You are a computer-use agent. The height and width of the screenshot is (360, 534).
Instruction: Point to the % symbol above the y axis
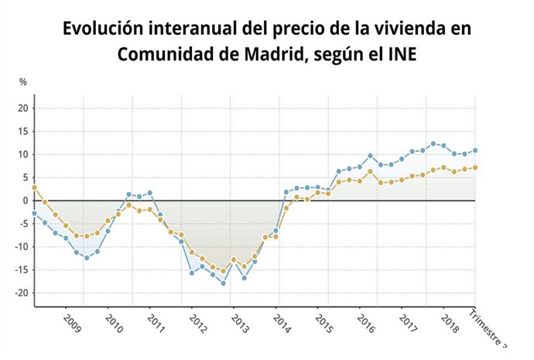point(23,81)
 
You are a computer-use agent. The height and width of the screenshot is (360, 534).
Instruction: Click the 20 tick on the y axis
point(23,108)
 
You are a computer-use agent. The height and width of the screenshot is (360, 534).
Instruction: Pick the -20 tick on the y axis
point(22,293)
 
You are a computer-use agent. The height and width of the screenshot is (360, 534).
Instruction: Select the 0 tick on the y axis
point(26,201)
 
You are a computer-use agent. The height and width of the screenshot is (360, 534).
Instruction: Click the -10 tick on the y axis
point(22,247)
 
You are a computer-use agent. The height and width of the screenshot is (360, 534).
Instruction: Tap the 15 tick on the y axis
point(23,131)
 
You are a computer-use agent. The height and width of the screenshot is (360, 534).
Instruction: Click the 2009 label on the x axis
point(72,323)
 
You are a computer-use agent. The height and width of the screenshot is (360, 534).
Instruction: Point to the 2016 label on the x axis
point(367,323)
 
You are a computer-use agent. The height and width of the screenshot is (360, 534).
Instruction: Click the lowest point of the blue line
point(224,283)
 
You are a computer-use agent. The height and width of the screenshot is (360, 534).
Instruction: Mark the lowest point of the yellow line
point(224,272)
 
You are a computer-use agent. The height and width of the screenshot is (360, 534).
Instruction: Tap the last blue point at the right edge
point(475,150)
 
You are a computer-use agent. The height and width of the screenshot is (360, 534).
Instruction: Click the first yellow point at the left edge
point(34,187)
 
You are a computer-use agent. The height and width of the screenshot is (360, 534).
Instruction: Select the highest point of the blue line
point(433,143)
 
